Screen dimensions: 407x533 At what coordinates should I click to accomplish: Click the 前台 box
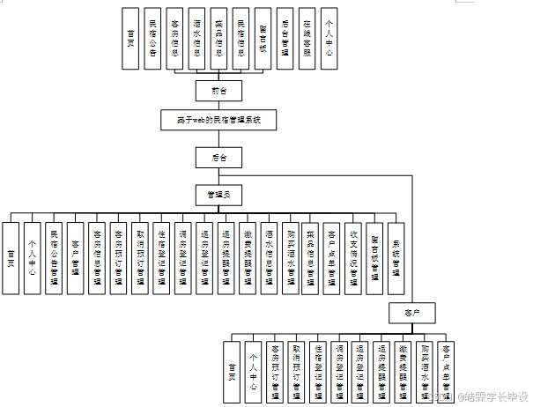pos(218,90)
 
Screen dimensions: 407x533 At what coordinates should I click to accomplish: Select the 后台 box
pos(218,158)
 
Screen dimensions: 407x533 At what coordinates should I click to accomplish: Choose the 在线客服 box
pos(307,38)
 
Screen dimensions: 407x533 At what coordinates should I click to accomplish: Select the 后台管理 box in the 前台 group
pos(285,38)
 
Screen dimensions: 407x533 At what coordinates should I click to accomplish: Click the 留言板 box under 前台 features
pos(263,38)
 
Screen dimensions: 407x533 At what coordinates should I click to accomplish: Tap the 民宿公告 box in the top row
pos(153,38)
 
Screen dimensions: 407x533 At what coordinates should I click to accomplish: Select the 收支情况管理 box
pos(353,257)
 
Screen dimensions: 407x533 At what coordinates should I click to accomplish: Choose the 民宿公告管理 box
pos(54,257)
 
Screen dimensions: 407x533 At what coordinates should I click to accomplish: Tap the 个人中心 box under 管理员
pos(33,257)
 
